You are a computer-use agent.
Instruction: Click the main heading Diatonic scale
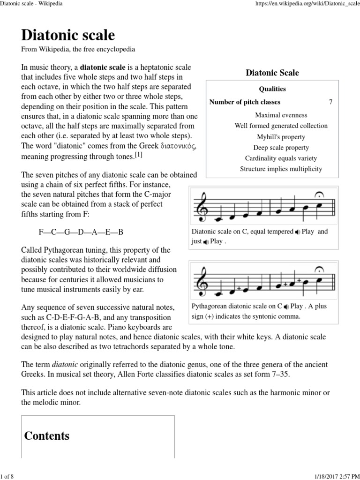click(x=68, y=36)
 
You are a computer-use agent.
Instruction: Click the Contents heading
click(x=47, y=436)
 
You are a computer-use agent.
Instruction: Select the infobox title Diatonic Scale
click(x=272, y=73)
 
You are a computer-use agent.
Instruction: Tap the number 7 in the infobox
click(x=331, y=102)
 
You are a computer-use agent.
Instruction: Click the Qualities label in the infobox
click(x=272, y=89)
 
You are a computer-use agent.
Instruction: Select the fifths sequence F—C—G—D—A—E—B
click(x=81, y=232)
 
